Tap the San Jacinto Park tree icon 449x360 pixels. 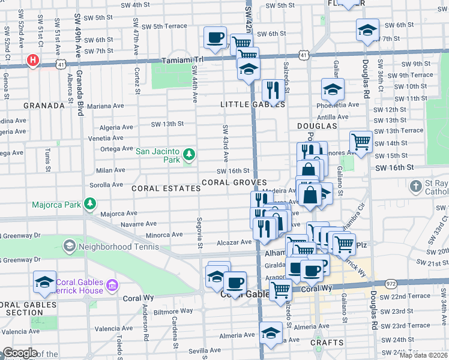189,155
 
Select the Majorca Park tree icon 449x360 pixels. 90,204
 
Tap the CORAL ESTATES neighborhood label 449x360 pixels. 166,188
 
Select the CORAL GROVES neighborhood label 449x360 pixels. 234,182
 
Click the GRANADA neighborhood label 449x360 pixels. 44,106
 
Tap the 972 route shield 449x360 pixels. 391,283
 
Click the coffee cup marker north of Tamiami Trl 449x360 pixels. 215,38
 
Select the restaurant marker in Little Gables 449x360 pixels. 273,91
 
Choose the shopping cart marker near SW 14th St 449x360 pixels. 361,142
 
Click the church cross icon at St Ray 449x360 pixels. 415,186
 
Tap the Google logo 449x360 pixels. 20,353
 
